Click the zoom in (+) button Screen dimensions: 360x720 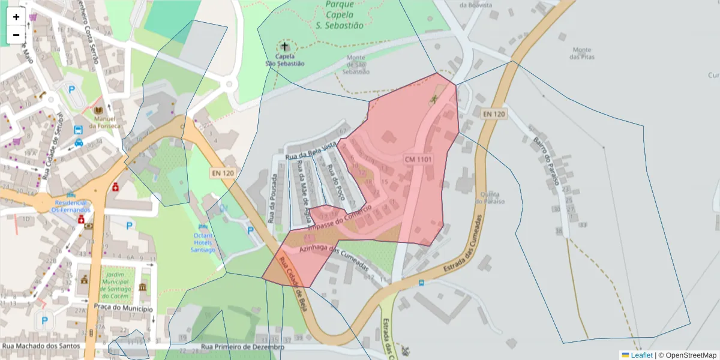click(x=16, y=17)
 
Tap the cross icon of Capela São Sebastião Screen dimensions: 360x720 click(x=284, y=46)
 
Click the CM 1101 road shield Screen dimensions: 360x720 click(x=418, y=159)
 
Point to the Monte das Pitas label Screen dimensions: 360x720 click(x=581, y=53)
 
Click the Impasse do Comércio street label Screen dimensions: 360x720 click(x=340, y=218)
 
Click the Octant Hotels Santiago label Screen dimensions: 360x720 click(x=202, y=242)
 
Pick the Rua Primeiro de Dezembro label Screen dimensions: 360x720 click(x=242, y=347)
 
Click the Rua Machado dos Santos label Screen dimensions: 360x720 click(x=41, y=346)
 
